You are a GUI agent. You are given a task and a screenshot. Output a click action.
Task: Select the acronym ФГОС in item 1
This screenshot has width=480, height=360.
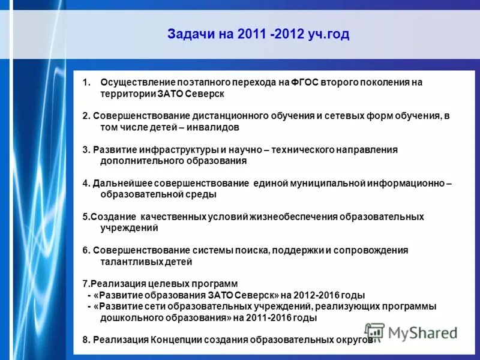click(x=307, y=82)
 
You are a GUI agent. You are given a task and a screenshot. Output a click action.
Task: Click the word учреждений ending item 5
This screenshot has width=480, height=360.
click(x=129, y=228)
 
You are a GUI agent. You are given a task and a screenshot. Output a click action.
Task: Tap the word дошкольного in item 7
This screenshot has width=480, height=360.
click(x=128, y=318)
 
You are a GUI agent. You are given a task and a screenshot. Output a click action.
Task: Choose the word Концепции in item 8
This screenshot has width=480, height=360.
click(x=175, y=340)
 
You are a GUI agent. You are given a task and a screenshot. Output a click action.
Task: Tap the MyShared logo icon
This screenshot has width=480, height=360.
click(x=374, y=332)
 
